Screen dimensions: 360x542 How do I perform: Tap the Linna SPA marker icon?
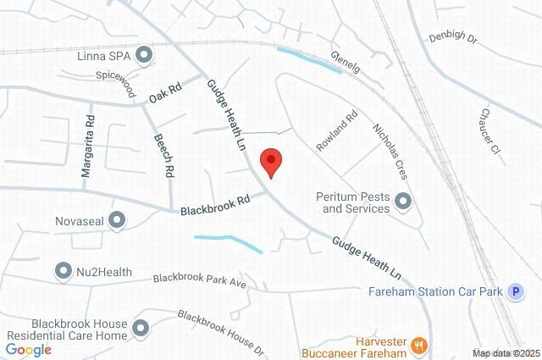[x=146, y=55]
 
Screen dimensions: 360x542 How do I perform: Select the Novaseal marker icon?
[x=118, y=221]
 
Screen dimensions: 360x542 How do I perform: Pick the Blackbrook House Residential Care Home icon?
[x=141, y=328]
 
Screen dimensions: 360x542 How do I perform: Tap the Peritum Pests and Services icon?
[x=402, y=202]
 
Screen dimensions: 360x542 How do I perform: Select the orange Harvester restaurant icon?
[x=418, y=345]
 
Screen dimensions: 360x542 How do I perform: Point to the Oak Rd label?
[x=165, y=91]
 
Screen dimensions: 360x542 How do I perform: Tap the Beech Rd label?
[x=163, y=154]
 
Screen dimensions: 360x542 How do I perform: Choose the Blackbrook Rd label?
[x=215, y=204]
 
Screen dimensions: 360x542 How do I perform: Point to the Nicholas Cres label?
[x=390, y=152]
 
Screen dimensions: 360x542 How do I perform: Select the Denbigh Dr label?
[x=454, y=38]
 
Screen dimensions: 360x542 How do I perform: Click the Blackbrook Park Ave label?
[x=199, y=280]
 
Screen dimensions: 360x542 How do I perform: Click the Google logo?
[x=29, y=350]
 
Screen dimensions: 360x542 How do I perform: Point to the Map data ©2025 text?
[x=506, y=353]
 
